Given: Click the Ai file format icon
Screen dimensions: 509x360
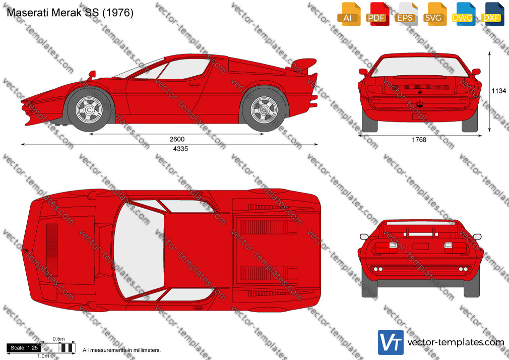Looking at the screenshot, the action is click(349, 14).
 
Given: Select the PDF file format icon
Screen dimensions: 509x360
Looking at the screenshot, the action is click(377, 14).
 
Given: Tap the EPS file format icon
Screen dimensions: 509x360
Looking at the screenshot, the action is click(406, 14).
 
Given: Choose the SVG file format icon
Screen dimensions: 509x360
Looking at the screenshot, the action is click(435, 14).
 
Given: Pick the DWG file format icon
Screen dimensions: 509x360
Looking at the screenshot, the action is click(464, 14).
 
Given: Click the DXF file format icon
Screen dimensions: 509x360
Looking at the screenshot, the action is click(492, 14).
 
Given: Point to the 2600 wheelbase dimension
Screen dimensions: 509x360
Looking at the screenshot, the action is click(177, 139).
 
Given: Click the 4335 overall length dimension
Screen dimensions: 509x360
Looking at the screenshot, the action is click(180, 149).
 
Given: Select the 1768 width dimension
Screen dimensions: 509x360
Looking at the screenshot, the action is click(419, 140).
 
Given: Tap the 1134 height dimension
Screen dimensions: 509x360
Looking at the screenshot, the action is click(499, 91).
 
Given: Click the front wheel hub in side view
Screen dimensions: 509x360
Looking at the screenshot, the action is click(89, 110).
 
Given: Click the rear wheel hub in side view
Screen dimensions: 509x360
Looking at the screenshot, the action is click(264, 110).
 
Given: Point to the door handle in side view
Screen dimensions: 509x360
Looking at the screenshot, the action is click(195, 85).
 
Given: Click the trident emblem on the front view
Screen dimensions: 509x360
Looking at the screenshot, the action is click(420, 104).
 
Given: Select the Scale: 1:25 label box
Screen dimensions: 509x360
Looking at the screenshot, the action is click(24, 348).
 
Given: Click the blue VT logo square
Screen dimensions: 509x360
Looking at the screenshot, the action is click(391, 342).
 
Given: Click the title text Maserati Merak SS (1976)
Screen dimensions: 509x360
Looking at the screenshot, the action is click(70, 13).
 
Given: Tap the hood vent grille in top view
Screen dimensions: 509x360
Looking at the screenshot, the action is click(52, 250).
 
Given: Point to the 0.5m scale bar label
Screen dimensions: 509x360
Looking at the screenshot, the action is click(59, 339).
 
